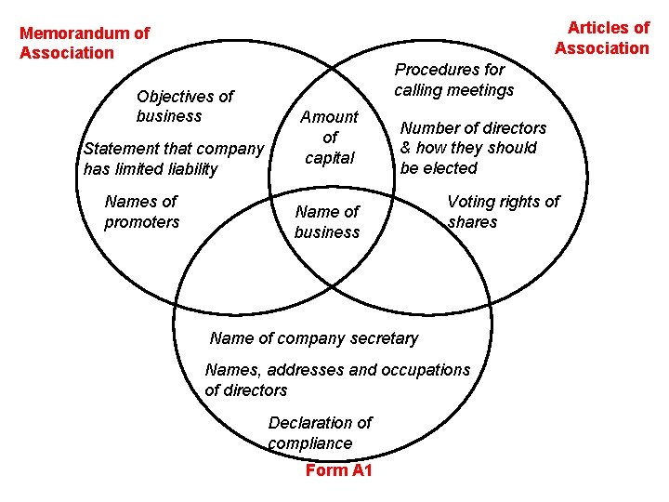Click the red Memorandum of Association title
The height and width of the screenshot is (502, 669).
84,43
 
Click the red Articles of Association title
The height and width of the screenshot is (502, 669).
602,37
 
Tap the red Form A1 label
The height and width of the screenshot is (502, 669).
338,470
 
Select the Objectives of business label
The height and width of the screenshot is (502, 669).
185,106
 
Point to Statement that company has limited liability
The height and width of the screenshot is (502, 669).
175,158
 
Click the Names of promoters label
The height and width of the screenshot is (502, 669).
141,211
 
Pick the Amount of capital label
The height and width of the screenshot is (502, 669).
330,137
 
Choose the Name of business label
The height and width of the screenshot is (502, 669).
327,221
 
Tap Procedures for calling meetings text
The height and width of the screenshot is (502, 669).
453,79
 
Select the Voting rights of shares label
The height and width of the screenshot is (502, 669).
504,211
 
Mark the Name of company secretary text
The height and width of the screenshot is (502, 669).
314,338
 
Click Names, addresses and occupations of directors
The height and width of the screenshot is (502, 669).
337,379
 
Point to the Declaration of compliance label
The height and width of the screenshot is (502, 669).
320,432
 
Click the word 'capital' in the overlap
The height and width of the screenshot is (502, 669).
330,157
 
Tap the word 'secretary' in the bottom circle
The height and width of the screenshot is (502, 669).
381,338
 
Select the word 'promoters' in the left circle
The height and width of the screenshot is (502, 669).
141,222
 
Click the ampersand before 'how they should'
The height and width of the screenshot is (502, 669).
406,148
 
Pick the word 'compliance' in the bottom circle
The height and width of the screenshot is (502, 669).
310,443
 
